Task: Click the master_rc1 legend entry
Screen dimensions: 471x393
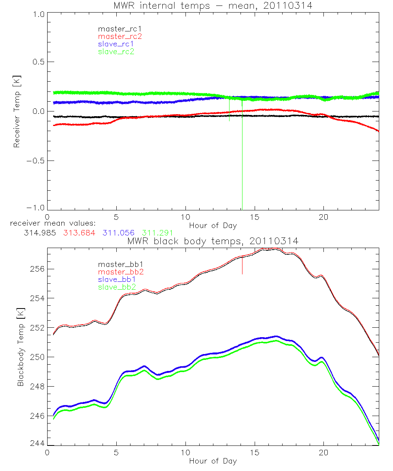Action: coord(116,29)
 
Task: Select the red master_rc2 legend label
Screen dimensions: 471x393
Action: coord(120,36)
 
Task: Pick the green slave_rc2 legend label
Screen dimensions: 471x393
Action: coord(116,51)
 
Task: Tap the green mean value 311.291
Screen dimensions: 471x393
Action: coord(157,233)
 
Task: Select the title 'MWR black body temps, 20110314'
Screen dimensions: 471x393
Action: coord(213,241)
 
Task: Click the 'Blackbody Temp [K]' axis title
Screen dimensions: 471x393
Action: coord(20,347)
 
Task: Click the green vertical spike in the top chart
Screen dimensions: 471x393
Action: coord(242,157)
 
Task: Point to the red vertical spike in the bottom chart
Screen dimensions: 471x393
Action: coord(242,267)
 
